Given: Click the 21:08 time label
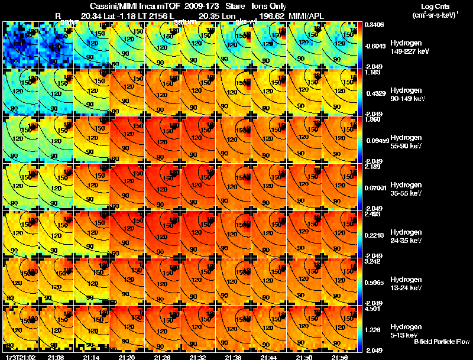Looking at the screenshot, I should [x=56, y=357].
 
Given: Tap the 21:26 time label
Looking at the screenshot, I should [x=163, y=357].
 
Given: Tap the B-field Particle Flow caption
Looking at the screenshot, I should [x=442, y=342].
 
